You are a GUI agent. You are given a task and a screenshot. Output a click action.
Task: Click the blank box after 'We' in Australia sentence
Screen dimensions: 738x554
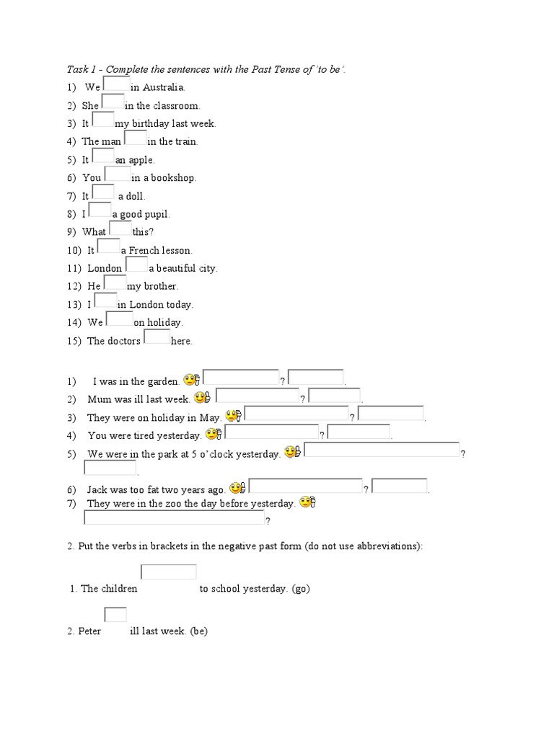click(116, 84)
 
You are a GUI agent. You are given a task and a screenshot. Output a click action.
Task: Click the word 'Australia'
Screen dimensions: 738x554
click(164, 87)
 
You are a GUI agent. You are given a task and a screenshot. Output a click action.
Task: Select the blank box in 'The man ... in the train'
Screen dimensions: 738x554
click(135, 138)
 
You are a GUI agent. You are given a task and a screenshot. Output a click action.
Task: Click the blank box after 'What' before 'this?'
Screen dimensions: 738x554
click(120, 228)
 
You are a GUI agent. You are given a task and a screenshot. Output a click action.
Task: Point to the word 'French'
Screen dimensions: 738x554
click(144, 250)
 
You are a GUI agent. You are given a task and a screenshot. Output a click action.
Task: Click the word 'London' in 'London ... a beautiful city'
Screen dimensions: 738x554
click(105, 268)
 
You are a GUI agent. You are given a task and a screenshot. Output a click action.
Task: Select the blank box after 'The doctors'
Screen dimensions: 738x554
click(157, 337)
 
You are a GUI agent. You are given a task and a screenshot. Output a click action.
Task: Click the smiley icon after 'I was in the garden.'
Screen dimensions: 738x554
click(192, 379)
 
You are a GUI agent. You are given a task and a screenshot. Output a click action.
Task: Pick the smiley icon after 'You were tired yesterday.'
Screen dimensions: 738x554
click(214, 434)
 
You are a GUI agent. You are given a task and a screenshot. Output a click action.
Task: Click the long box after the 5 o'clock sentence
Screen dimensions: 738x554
click(382, 450)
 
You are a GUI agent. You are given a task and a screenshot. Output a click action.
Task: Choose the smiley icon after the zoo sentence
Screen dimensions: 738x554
click(308, 502)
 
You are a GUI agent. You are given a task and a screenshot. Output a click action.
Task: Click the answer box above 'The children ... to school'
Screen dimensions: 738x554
click(169, 572)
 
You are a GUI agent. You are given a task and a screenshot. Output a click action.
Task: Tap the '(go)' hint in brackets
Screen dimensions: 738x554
click(301, 589)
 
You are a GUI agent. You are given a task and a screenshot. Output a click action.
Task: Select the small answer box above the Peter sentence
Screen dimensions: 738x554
click(115, 615)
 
